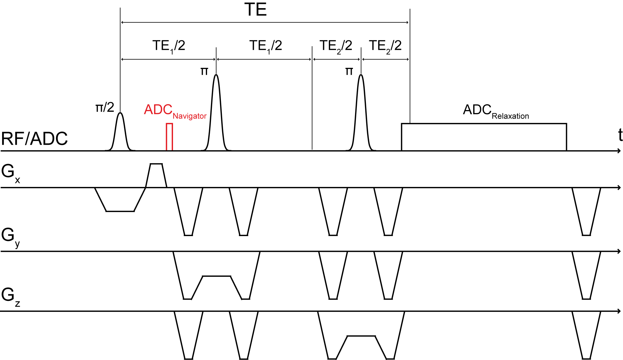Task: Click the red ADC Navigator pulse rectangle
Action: [x=169, y=137]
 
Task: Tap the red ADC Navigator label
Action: [x=175, y=111]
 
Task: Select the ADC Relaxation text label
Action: [x=496, y=111]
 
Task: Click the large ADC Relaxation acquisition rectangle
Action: [x=484, y=137]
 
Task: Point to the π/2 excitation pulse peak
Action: [x=120, y=113]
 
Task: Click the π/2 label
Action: [x=105, y=107]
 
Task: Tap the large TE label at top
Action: [x=255, y=10]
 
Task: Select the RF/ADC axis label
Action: [x=34, y=139]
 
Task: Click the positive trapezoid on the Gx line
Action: [x=156, y=175]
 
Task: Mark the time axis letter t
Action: [x=620, y=135]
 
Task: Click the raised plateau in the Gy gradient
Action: [x=216, y=276]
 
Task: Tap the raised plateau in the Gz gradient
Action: [x=361, y=336]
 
